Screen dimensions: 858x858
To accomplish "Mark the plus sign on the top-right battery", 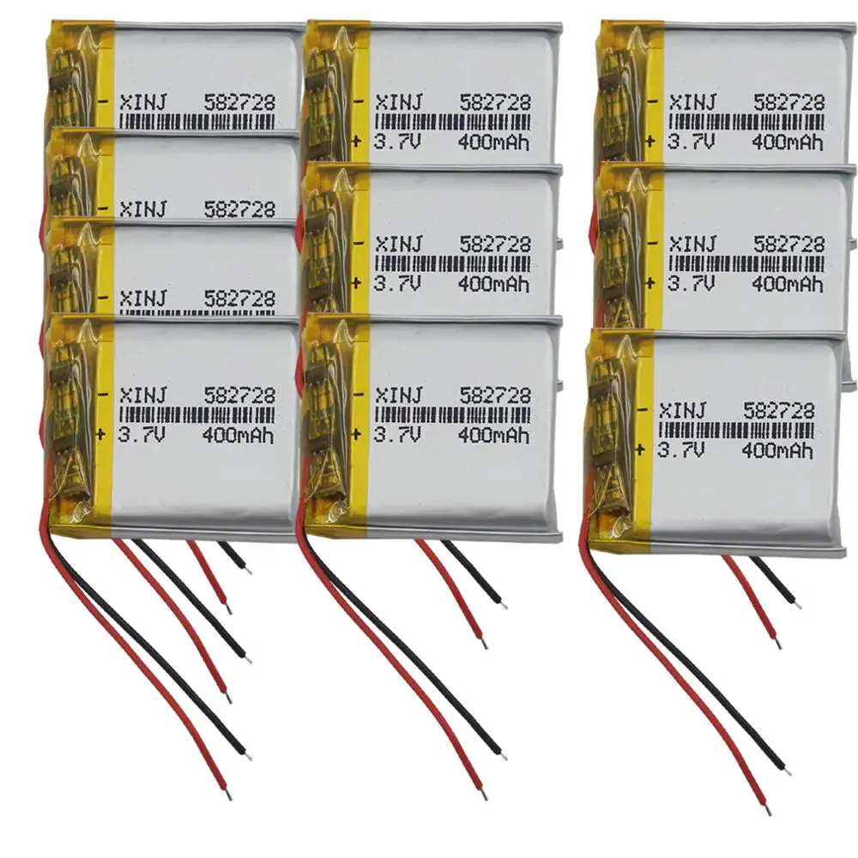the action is pos(650,140).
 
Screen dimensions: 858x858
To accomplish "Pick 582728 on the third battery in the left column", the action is pos(239,299).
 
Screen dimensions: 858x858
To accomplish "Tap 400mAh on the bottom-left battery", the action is pos(238,435).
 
